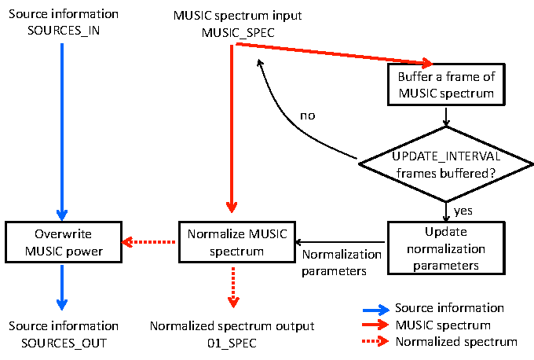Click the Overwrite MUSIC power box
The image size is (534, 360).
(62, 241)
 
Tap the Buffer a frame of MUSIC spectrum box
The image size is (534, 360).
(445, 85)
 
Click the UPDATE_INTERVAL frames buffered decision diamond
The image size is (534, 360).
(445, 164)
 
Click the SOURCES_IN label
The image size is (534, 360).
(63, 31)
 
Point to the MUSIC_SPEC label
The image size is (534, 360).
(232, 32)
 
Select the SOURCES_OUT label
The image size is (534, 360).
(63, 342)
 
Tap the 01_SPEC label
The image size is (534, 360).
(232, 342)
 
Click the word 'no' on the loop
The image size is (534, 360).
(308, 116)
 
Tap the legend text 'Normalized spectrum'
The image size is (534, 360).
(456, 342)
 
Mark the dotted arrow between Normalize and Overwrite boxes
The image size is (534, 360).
(149, 241)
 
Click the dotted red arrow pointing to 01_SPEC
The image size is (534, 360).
(232, 287)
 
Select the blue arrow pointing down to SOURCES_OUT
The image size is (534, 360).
(63, 287)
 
